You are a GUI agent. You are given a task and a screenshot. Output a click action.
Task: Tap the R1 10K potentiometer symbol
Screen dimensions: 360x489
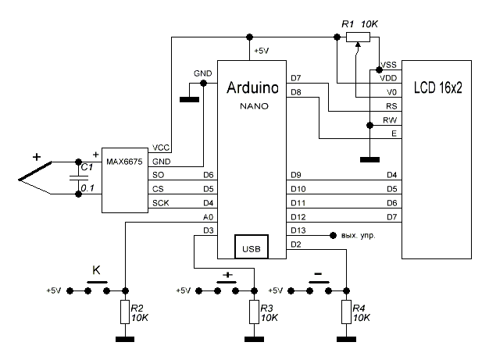coord(357,35)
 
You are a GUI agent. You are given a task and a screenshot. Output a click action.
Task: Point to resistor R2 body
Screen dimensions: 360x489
coord(124,313)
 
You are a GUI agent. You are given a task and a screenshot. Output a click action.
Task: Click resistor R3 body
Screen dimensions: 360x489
coord(252,313)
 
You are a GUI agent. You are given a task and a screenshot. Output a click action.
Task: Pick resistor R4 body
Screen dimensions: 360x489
coord(344,313)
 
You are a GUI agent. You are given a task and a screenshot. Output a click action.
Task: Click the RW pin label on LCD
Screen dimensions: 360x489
coord(388,119)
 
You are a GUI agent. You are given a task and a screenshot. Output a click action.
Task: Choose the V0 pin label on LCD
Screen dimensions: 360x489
coord(390,92)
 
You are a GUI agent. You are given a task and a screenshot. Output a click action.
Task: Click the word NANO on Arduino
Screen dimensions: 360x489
coord(252,105)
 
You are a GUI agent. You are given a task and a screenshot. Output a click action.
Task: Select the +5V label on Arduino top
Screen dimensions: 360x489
coord(259,51)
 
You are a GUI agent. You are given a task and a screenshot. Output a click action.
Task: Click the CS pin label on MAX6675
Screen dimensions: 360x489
coord(158,188)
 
